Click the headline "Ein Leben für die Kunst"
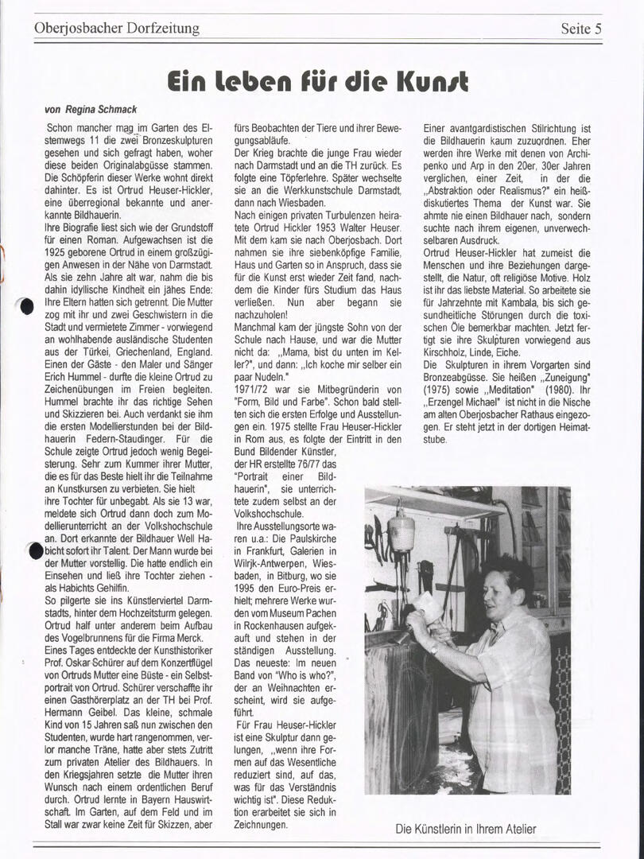(x=318, y=81)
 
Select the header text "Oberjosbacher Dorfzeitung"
(x=117, y=29)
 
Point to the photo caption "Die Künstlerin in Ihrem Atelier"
(x=466, y=829)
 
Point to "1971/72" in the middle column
(x=254, y=389)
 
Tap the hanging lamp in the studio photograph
(x=402, y=531)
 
